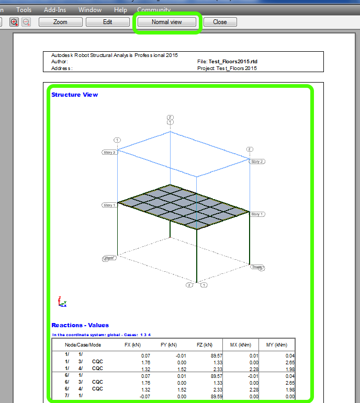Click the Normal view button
166,22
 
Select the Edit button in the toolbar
107,22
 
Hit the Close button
220,22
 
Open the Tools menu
24,10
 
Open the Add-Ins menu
55,10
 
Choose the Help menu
120,10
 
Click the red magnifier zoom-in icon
14,22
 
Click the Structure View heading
74,95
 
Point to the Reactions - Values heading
80,325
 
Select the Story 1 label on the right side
257,214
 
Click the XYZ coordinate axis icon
62,302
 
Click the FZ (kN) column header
205,345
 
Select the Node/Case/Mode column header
83,345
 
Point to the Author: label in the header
60,62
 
